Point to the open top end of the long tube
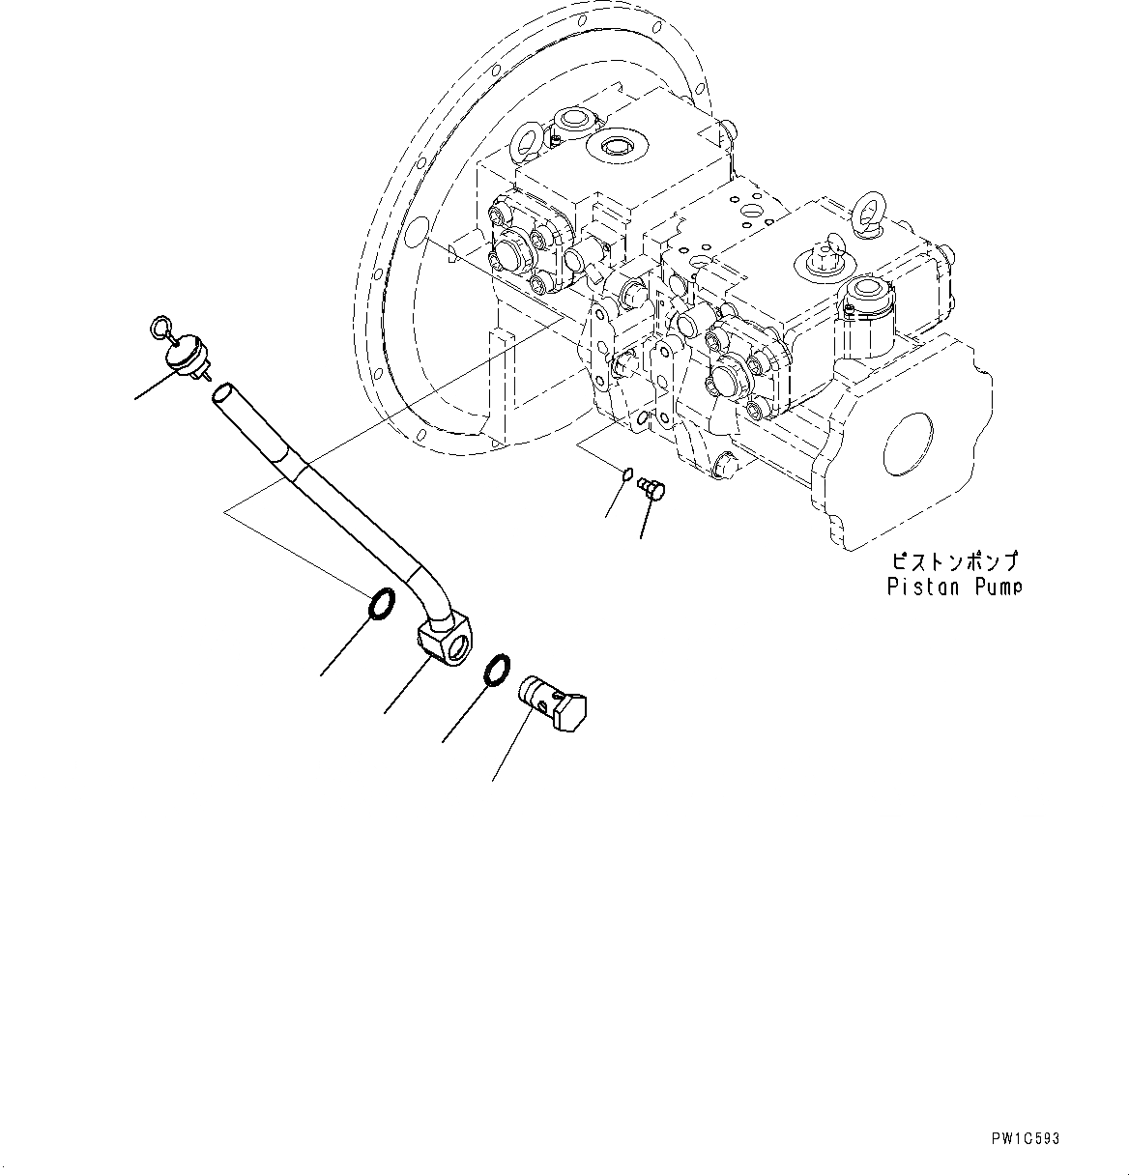click(221, 391)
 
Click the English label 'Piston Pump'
click(953, 587)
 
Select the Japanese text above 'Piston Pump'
click(953, 561)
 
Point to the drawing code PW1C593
click(1025, 1139)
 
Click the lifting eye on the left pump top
click(529, 142)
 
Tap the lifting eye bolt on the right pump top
click(865, 216)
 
